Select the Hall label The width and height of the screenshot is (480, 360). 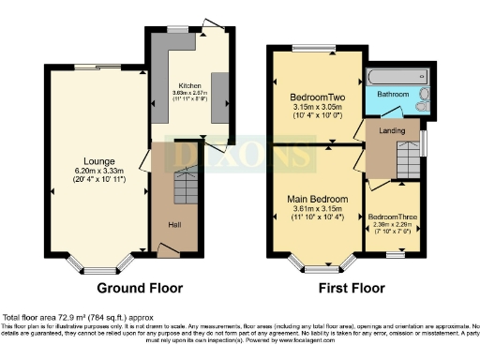pos(174,226)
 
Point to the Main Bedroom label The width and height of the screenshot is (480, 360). pos(317,200)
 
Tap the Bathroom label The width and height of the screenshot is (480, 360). pos(393,95)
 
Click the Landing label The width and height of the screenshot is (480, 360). pos(391,132)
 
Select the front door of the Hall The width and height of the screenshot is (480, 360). pos(169,250)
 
